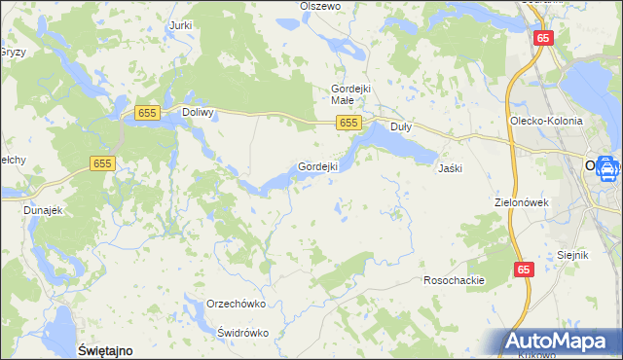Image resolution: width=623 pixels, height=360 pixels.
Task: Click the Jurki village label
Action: (180, 25)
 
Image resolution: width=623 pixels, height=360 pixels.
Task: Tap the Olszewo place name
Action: (320, 6)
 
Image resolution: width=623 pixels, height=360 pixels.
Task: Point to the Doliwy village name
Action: (199, 113)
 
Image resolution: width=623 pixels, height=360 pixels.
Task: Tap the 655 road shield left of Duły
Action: (350, 123)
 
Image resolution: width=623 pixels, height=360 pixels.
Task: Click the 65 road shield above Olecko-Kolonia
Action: (543, 38)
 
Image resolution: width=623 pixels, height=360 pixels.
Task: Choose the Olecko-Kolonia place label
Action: (546, 121)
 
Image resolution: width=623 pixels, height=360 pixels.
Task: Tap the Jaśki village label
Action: (450, 168)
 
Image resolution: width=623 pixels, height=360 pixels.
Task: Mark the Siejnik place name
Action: (573, 255)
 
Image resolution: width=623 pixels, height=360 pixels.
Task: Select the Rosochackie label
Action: (454, 280)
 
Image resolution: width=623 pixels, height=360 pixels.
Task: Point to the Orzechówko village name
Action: (237, 304)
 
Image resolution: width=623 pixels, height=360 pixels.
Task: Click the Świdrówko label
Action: (242, 332)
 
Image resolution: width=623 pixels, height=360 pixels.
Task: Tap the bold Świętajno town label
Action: (104, 348)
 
